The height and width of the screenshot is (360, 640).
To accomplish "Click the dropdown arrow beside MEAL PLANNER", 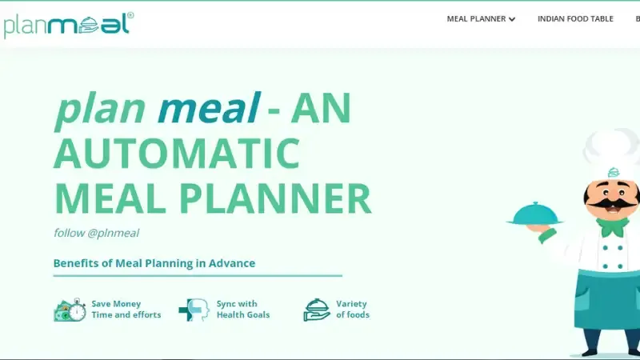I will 512,19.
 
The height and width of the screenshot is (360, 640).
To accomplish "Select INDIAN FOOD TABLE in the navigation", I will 575,19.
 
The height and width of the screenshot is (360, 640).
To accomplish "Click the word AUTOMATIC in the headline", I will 176,153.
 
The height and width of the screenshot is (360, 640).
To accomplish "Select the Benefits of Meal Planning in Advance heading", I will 154,263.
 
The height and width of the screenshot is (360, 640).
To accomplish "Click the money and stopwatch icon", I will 70,310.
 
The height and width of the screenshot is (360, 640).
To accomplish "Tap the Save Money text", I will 116,304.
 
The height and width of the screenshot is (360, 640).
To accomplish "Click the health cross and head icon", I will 193,310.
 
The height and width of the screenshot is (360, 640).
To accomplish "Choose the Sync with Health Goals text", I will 242,310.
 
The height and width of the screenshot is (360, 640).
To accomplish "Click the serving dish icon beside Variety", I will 317,310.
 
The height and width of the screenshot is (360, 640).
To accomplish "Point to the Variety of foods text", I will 352,310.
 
